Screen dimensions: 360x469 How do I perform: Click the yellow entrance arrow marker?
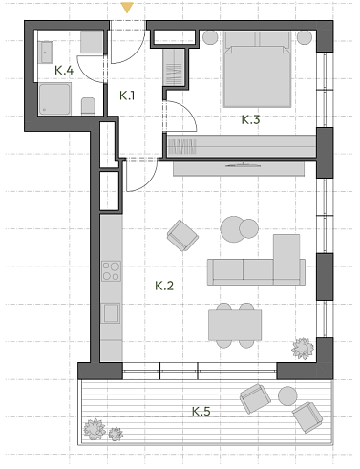(127, 8)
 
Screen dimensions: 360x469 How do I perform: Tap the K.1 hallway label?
(127, 96)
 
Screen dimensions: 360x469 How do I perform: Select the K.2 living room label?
(164, 286)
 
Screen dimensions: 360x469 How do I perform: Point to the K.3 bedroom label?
(250, 119)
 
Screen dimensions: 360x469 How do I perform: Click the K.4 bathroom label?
(64, 70)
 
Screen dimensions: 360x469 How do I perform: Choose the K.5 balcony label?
(201, 411)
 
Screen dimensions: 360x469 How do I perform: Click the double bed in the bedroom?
(257, 69)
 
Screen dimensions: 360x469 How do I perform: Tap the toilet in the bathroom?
(88, 106)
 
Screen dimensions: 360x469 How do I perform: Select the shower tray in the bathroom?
(55, 98)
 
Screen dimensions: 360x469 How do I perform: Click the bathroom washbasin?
(47, 53)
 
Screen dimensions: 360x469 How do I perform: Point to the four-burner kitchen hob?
(111, 271)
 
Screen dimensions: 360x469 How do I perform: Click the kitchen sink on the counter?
(111, 313)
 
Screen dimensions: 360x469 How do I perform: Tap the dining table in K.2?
(235, 325)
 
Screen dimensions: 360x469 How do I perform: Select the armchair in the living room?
(182, 235)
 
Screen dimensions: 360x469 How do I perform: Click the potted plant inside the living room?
(303, 349)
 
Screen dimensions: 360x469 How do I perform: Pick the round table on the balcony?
(287, 395)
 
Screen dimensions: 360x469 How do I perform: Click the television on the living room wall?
(243, 165)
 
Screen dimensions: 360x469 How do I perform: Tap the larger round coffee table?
(233, 229)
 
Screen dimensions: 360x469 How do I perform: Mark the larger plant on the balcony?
(95, 430)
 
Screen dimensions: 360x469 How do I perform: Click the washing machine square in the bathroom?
(92, 42)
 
